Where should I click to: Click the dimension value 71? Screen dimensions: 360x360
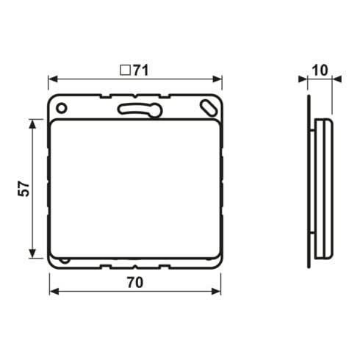[x=141, y=71]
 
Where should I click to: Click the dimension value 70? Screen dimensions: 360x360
[x=135, y=282]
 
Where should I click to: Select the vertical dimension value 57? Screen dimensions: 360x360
[x=24, y=189]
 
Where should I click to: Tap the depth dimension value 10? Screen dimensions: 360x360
[x=320, y=71]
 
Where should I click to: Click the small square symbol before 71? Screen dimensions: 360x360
[x=125, y=70]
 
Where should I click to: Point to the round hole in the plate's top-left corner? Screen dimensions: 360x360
[x=61, y=108]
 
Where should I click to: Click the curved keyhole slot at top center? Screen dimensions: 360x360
[x=140, y=110]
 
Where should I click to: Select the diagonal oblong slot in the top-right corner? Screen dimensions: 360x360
[x=209, y=107]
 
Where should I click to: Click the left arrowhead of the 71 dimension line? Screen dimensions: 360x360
[x=53, y=79]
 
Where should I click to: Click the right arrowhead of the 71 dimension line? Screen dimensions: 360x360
[x=217, y=79]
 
